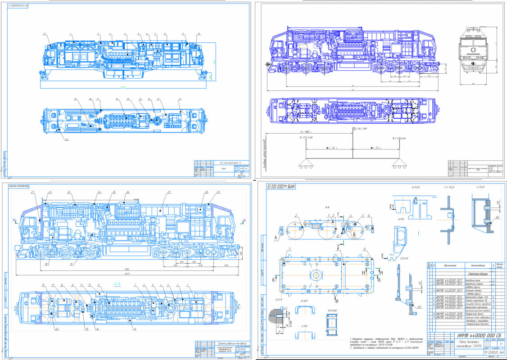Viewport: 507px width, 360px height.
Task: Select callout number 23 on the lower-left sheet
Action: (69, 192)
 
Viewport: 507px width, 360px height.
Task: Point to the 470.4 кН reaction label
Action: (400, 138)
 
